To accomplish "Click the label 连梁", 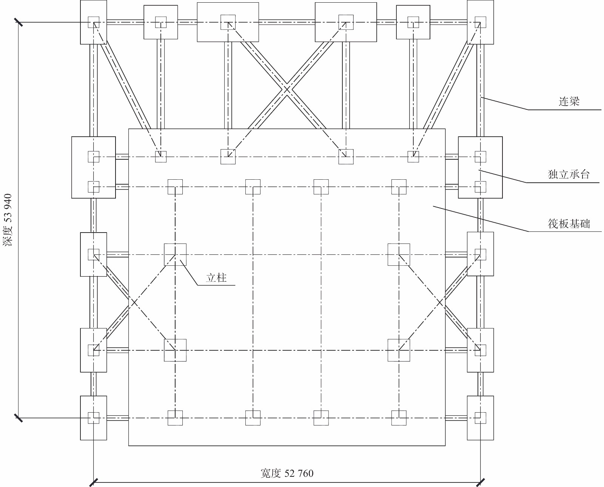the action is (x=569, y=101).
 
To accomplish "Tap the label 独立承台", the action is (x=569, y=174).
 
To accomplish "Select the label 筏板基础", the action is (x=569, y=224).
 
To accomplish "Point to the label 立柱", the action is (x=216, y=278).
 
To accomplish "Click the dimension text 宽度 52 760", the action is (x=287, y=473).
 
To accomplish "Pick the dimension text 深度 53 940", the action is (x=8, y=220).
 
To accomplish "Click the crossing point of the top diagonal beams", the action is (x=287, y=89).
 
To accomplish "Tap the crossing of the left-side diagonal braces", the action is (x=134, y=303).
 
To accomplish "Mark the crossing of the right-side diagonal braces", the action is (x=439, y=303).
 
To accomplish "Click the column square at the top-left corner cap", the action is (x=94, y=22).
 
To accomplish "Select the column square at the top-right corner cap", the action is (x=480, y=22).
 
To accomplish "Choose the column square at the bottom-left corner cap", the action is (x=94, y=418).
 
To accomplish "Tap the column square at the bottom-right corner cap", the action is (x=480, y=418).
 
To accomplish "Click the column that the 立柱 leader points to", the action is (x=175, y=254).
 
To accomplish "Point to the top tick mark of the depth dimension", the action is (x=18, y=22).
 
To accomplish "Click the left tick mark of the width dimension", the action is (x=94, y=482).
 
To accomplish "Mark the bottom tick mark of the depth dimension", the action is (x=18, y=418).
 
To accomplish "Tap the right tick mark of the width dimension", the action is (x=480, y=482).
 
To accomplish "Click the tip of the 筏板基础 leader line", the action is (x=433, y=206).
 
